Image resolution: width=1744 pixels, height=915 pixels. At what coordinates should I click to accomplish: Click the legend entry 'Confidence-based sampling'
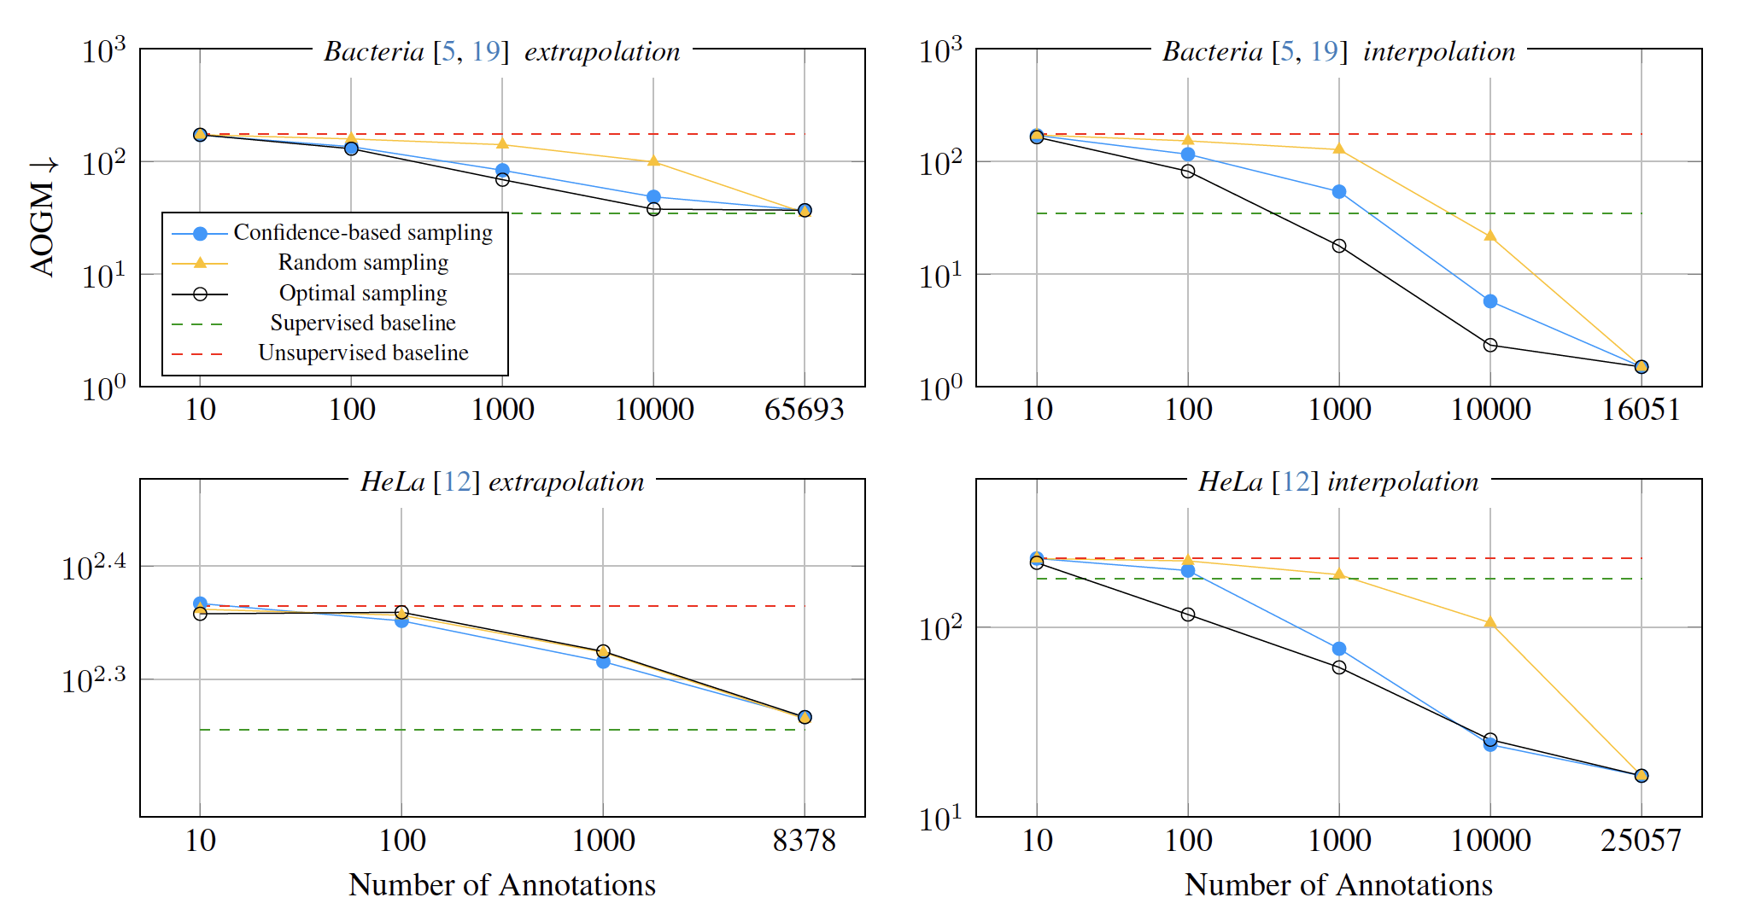[363, 233]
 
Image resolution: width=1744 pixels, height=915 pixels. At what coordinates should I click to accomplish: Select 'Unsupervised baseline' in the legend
[363, 353]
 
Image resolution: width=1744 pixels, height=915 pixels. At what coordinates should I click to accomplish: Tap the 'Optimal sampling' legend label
[363, 294]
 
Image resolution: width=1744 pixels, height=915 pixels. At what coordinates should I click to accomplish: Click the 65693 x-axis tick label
[804, 410]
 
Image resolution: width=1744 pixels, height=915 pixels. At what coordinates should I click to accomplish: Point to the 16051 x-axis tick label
[1641, 410]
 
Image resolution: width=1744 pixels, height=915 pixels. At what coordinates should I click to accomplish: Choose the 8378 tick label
[804, 841]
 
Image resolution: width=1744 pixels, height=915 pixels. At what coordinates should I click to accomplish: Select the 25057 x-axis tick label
[1641, 841]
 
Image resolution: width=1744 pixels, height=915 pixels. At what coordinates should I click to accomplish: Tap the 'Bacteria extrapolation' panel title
[502, 51]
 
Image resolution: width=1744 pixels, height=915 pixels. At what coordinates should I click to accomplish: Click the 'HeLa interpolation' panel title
[1338, 482]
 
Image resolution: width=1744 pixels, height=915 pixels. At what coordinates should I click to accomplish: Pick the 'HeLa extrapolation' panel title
[502, 482]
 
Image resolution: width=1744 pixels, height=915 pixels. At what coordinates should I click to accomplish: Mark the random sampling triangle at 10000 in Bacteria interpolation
[1490, 236]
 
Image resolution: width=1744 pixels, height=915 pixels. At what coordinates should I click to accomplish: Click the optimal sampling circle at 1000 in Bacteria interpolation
[1339, 246]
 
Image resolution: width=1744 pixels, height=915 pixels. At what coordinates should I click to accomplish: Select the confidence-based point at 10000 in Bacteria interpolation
[1490, 301]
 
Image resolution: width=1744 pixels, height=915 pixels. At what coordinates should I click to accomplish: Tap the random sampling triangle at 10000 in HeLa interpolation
[1490, 622]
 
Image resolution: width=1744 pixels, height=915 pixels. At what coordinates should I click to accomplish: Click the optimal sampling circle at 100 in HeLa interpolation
[1188, 615]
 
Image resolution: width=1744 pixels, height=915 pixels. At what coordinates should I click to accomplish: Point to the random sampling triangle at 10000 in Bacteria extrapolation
[653, 160]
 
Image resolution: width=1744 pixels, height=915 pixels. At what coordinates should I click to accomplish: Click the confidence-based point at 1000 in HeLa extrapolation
[603, 661]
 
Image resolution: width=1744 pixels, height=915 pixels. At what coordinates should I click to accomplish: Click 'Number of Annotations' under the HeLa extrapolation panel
[502, 885]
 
